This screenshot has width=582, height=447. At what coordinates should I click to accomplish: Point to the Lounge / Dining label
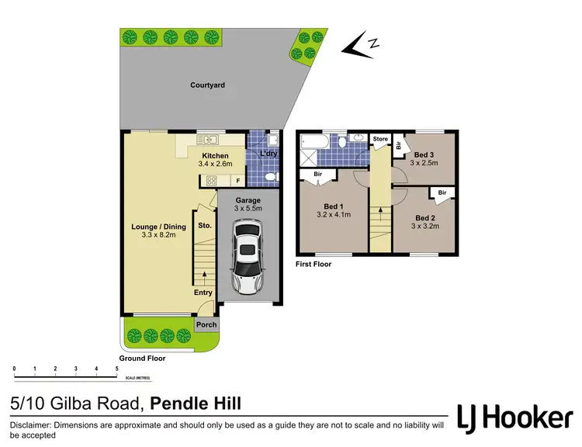pyautogui.click(x=158, y=227)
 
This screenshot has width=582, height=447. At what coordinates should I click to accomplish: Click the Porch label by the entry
pyautogui.click(x=206, y=325)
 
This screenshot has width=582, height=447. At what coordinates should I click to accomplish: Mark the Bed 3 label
pyautogui.click(x=426, y=154)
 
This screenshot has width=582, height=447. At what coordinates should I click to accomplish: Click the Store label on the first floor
pyautogui.click(x=379, y=140)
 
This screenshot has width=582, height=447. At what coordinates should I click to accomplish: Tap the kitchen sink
pyautogui.click(x=208, y=140)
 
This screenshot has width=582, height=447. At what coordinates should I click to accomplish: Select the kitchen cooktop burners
pyautogui.click(x=210, y=181)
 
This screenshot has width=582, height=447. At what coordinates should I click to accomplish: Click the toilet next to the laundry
pyautogui.click(x=271, y=178)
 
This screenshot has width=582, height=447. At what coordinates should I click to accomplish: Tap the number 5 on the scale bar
pyautogui.click(x=116, y=369)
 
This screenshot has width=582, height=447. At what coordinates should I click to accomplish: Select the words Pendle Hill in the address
pyautogui.click(x=196, y=403)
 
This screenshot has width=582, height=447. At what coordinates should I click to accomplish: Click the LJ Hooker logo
pyautogui.click(x=514, y=418)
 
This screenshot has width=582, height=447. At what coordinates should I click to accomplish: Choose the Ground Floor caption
pyautogui.click(x=142, y=359)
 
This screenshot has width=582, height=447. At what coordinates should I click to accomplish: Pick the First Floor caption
pyautogui.click(x=314, y=265)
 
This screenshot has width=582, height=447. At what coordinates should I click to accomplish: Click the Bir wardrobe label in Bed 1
pyautogui.click(x=318, y=175)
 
